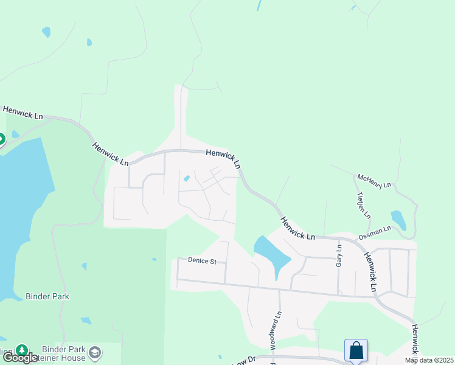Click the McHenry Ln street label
[374, 181]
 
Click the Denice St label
[202, 261]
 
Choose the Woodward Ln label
[279, 327]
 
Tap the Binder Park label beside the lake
[47, 297]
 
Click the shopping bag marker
[356, 350]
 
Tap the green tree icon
[22, 350]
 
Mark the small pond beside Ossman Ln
[398, 220]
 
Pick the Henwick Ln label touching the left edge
[23, 113]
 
